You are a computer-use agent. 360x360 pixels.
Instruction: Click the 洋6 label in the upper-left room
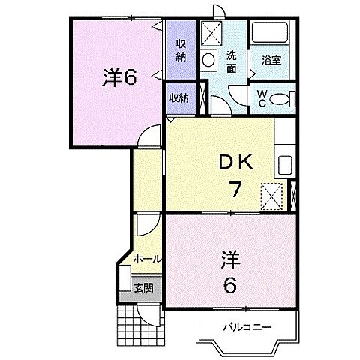[118, 77]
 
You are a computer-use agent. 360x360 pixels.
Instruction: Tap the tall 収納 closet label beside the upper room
[181, 50]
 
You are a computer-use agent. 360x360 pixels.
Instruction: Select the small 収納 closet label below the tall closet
[178, 98]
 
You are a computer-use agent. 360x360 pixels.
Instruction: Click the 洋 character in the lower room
[229, 259]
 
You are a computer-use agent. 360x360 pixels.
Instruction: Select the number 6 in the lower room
[229, 286]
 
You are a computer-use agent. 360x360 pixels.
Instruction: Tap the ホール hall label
[146, 258]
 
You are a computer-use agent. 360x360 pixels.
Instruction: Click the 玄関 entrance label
[143, 286]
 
